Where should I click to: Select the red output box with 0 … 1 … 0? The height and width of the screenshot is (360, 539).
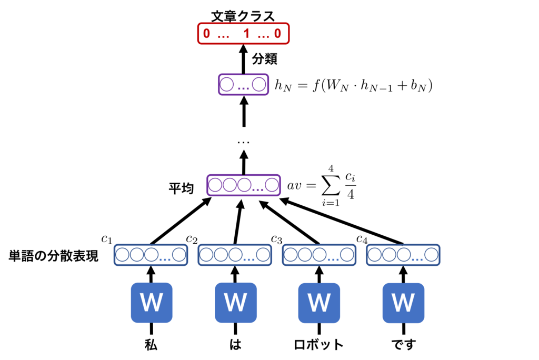pos(243,34)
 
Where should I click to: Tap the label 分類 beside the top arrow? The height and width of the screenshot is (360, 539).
pos(265,59)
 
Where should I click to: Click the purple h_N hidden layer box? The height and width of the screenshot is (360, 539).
pos(243,85)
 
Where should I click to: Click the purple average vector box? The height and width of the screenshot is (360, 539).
pos(243,185)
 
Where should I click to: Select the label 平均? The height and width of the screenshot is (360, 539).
pos(181,188)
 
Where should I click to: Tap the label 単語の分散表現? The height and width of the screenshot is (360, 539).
pos(54,256)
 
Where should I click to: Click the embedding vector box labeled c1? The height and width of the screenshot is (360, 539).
pos(151,255)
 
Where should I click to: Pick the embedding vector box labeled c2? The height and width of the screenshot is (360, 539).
pos(235,255)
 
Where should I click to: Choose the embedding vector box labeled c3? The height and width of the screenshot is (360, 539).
pos(319,255)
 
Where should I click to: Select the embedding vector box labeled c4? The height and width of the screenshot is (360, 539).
pos(403,255)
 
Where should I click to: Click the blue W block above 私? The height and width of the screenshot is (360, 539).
pos(151,303)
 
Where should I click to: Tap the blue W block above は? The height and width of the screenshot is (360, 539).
pos(235,303)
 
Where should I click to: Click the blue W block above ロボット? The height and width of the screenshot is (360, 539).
pos(319,303)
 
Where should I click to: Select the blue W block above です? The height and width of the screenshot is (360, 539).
pos(403,303)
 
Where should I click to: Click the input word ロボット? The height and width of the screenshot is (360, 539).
pos(319,345)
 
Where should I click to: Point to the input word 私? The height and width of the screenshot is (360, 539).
pos(151,345)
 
